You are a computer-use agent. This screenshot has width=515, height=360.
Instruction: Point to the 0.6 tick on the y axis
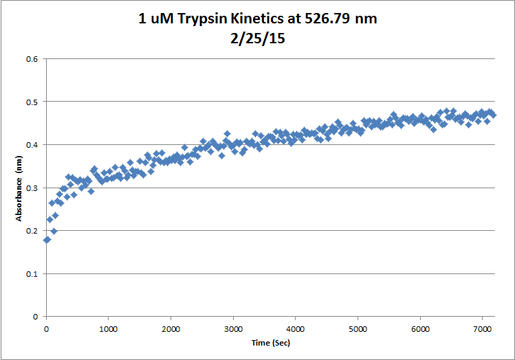click(32, 59)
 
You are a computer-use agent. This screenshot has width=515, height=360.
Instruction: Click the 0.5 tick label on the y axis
click(32, 102)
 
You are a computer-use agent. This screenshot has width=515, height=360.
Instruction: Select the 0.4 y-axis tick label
click(32, 145)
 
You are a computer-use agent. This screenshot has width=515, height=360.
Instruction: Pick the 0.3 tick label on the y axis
click(32, 188)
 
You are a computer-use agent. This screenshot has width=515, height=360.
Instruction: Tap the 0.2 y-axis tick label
click(32, 231)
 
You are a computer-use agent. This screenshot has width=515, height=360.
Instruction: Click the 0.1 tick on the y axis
click(32, 273)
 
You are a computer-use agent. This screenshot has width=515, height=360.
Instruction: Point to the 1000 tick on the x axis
click(109, 328)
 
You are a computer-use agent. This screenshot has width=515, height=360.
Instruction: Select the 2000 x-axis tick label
click(171, 328)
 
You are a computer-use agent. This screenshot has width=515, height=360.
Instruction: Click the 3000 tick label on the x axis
click(233, 328)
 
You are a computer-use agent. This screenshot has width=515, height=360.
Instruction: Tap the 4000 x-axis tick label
click(295, 328)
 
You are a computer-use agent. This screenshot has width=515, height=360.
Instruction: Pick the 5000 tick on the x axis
click(358, 328)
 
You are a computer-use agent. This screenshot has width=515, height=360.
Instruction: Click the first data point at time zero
click(47, 240)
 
